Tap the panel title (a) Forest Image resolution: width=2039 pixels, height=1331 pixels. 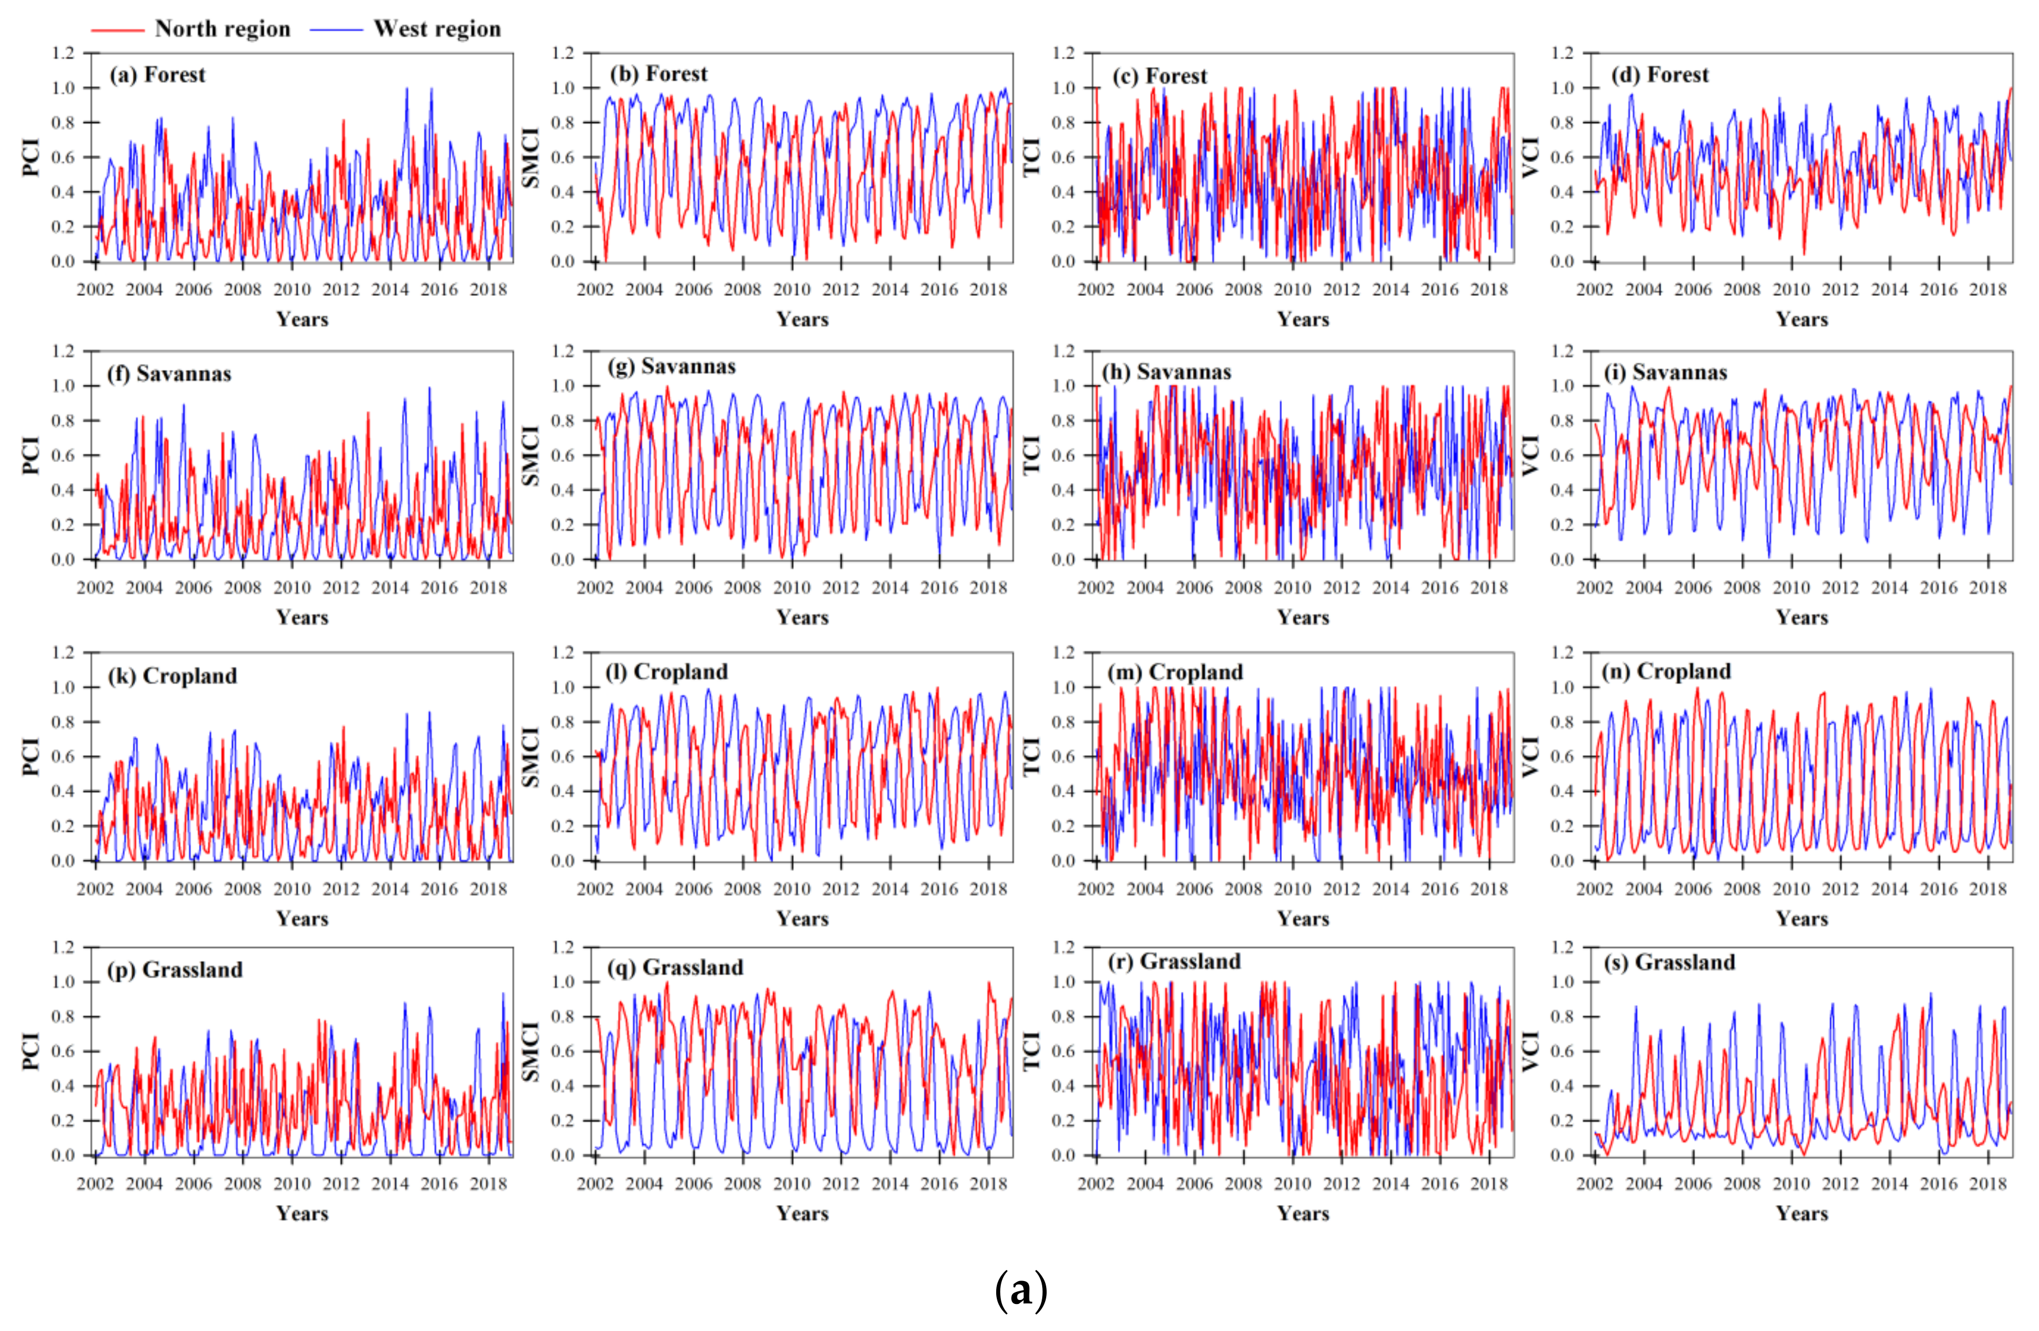click(x=158, y=75)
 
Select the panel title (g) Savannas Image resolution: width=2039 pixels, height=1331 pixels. click(x=671, y=367)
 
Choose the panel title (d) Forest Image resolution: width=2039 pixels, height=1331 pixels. click(x=1660, y=75)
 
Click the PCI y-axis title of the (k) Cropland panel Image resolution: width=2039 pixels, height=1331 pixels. click(x=31, y=756)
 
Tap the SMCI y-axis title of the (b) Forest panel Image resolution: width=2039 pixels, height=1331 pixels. click(x=531, y=157)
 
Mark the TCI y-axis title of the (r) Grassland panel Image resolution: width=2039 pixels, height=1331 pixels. click(x=1031, y=1051)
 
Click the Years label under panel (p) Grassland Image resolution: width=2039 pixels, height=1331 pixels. click(x=302, y=1214)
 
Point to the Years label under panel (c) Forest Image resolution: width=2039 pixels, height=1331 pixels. click(x=1303, y=320)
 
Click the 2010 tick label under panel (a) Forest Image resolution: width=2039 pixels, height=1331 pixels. click(x=291, y=290)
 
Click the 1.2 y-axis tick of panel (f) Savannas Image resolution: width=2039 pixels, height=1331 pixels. click(x=63, y=351)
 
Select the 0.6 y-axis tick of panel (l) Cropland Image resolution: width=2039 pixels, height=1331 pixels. click(x=563, y=756)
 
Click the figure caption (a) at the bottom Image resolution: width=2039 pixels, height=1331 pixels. click(x=1020, y=1289)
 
